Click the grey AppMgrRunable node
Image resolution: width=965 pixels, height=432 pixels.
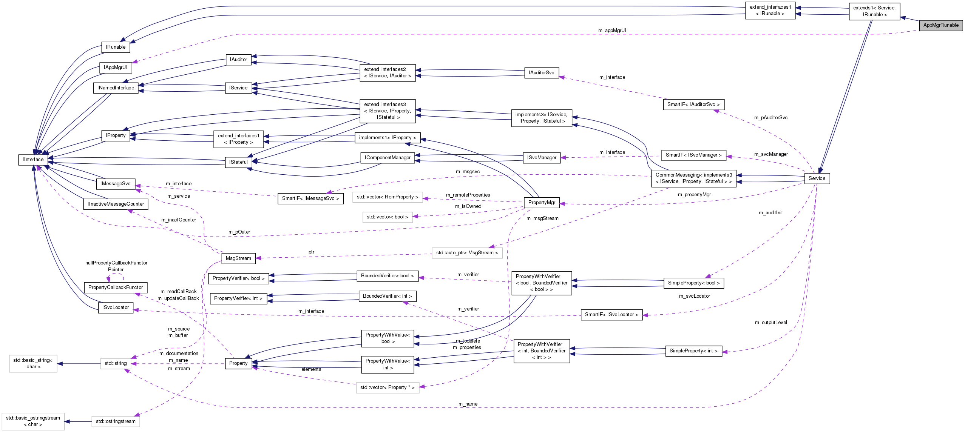[941, 25]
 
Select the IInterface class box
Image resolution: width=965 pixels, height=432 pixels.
[33, 160]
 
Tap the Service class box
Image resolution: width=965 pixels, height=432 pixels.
[817, 178]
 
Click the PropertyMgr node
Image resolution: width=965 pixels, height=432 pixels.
[542, 203]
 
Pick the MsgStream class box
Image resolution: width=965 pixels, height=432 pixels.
[238, 258]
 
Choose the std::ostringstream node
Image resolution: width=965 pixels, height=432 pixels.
[116, 421]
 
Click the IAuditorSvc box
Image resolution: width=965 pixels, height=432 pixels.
[541, 73]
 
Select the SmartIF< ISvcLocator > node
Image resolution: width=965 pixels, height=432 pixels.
[611, 315]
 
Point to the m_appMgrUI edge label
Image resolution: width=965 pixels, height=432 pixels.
[612, 31]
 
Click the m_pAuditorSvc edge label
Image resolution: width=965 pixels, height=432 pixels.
[771, 118]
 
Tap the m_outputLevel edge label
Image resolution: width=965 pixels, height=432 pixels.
[771, 323]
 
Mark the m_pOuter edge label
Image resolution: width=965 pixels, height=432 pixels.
[239, 232]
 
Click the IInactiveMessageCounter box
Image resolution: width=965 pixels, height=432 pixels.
[116, 204]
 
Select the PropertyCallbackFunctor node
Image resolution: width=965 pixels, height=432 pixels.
[116, 287]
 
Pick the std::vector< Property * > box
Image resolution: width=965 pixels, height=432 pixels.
[387, 387]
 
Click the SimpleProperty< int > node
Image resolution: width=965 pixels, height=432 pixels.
[693, 351]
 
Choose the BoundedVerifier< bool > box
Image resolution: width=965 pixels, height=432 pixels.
[387, 276]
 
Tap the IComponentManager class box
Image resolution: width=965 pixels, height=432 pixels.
[388, 158]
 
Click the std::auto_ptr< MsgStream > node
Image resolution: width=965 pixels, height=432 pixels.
[467, 253]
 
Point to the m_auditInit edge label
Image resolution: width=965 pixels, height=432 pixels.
[770, 213]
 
